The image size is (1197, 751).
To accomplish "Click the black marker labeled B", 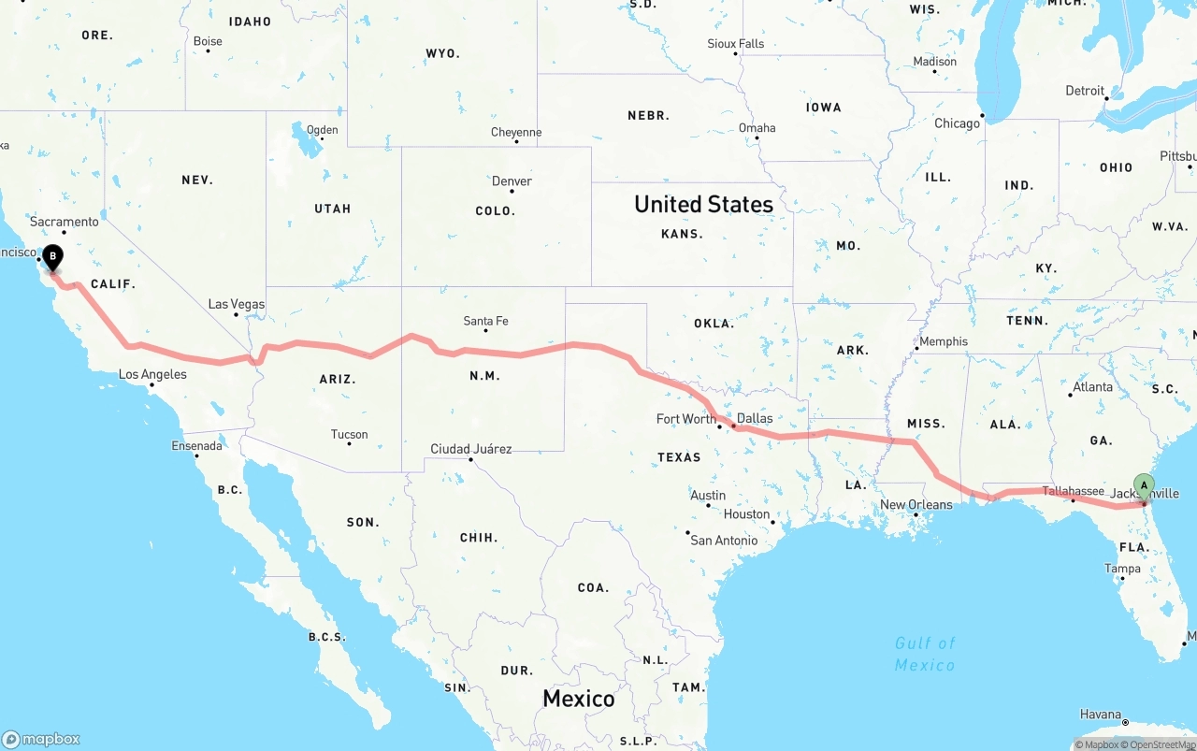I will (53, 255).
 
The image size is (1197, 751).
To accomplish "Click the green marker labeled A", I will (1144, 485).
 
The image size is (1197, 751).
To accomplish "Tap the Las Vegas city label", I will (236, 304).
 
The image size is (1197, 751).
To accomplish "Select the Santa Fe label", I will (485, 321).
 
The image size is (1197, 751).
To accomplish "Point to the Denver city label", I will (512, 181).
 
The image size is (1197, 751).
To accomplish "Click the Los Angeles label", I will (152, 374).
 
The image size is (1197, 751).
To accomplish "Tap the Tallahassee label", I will (1073, 491).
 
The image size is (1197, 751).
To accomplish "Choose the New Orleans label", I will (916, 505).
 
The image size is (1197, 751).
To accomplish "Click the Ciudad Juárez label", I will (470, 449).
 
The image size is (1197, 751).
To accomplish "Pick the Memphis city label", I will (943, 341).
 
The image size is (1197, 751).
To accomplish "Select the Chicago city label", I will (957, 123).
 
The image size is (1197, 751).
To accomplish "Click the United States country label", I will (703, 204).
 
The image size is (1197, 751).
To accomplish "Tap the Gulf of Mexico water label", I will (925, 654).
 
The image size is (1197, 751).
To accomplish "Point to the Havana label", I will (1100, 715).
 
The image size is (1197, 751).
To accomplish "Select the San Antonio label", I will (723, 540).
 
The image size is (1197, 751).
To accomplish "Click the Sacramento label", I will (64, 222).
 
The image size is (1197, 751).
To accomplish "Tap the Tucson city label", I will (349, 434).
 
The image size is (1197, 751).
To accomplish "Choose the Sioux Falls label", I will (735, 43).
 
